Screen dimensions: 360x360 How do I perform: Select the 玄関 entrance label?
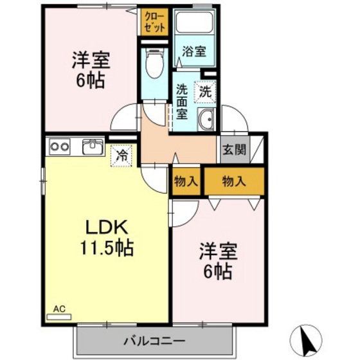[x=233, y=150]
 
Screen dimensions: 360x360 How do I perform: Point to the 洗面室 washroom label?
[x=181, y=102]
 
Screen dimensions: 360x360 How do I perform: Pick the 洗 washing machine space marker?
[x=204, y=92]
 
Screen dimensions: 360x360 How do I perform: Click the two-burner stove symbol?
[x=60, y=147]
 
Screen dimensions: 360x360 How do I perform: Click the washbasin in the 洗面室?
[x=207, y=120]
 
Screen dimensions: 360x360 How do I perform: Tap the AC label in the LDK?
[x=59, y=309]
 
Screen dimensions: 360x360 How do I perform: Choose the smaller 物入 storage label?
[x=185, y=182]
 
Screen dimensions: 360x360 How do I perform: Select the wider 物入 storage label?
[x=233, y=182]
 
